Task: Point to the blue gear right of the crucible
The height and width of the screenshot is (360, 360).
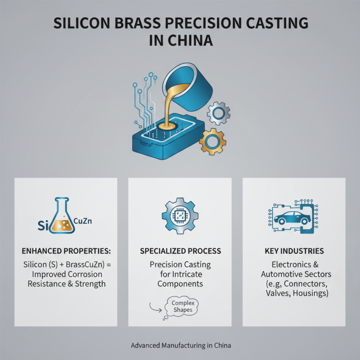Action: [219, 113]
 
